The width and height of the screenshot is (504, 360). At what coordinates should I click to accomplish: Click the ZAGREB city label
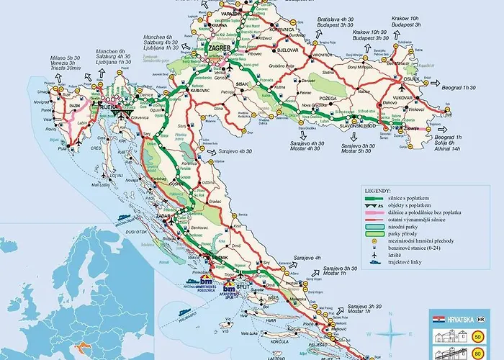[220, 49]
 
